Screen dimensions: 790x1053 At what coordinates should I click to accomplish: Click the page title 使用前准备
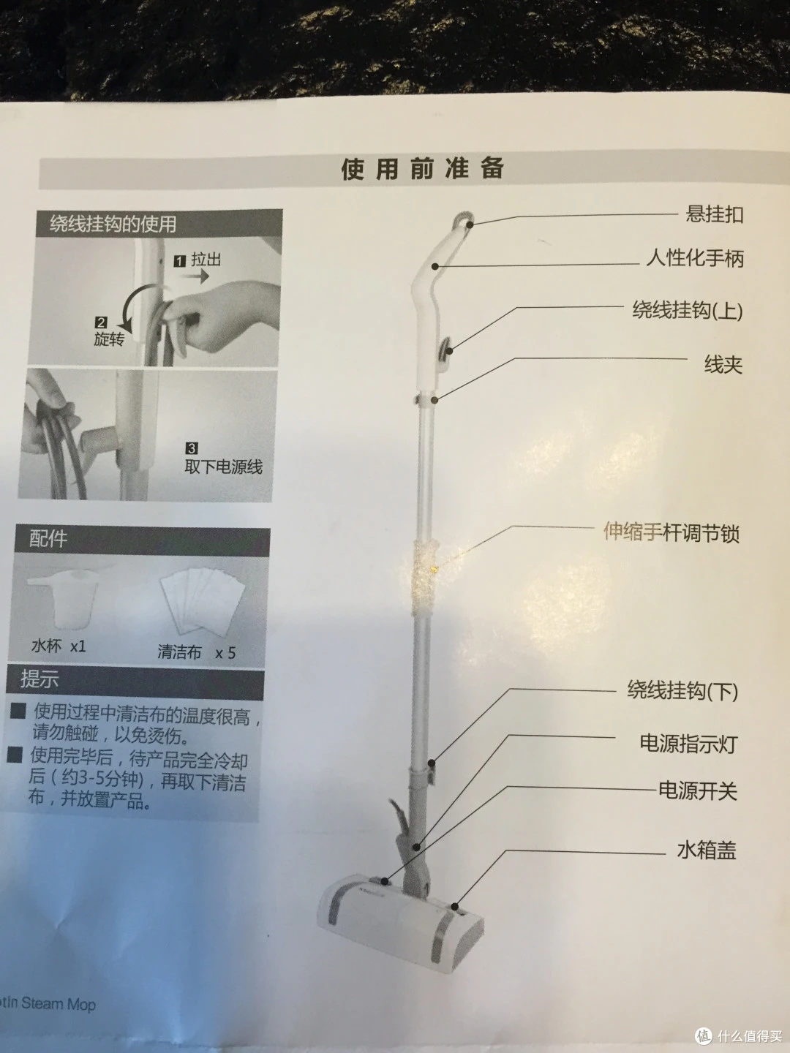click(x=422, y=170)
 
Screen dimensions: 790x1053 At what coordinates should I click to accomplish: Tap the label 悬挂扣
click(x=714, y=214)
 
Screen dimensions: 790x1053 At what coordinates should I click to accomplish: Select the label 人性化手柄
click(x=695, y=259)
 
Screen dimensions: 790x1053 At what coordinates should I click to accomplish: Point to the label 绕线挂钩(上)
click(x=688, y=310)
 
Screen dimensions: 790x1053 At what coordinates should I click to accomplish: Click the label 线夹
click(x=723, y=365)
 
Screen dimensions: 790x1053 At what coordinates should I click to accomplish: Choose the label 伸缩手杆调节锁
click(x=671, y=532)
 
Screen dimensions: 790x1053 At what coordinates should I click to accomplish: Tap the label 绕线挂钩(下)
click(x=682, y=691)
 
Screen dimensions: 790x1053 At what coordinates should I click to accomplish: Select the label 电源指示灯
click(x=689, y=744)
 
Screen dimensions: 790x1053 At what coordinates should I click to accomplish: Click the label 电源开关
click(x=698, y=791)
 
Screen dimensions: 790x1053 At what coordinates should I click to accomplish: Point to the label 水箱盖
click(x=707, y=850)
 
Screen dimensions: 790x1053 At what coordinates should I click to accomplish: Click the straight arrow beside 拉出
click(x=198, y=276)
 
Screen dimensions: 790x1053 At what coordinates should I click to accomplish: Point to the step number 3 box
click(x=192, y=448)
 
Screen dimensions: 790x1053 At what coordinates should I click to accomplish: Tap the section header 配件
click(x=48, y=538)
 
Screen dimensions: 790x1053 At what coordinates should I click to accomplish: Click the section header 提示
click(x=39, y=679)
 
